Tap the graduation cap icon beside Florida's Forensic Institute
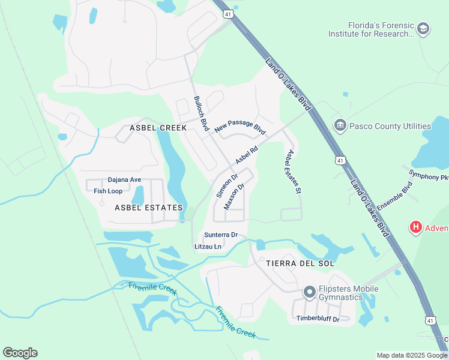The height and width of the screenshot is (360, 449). tap(424, 29)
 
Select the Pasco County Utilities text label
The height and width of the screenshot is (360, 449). tap(390, 126)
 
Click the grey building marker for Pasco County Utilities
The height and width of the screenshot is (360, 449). tap(339, 125)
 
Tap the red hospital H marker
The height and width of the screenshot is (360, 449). tap(415, 227)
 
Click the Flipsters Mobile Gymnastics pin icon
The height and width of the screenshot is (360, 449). tap(310, 292)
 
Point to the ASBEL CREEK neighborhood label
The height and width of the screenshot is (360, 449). tap(158, 128)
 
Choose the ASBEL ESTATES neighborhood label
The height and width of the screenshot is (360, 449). tap(148, 208)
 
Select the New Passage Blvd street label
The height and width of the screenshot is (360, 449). tap(240, 127)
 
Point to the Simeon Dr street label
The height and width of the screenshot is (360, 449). tap(228, 186)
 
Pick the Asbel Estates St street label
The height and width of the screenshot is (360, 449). tap(293, 172)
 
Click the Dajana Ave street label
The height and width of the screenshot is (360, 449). tap(124, 179)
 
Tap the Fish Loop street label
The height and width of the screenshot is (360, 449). tap(108, 191)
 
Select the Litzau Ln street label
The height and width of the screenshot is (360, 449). tap(208, 247)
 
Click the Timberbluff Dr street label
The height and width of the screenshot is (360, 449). tap(318, 319)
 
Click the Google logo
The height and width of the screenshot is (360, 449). tap(20, 353)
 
